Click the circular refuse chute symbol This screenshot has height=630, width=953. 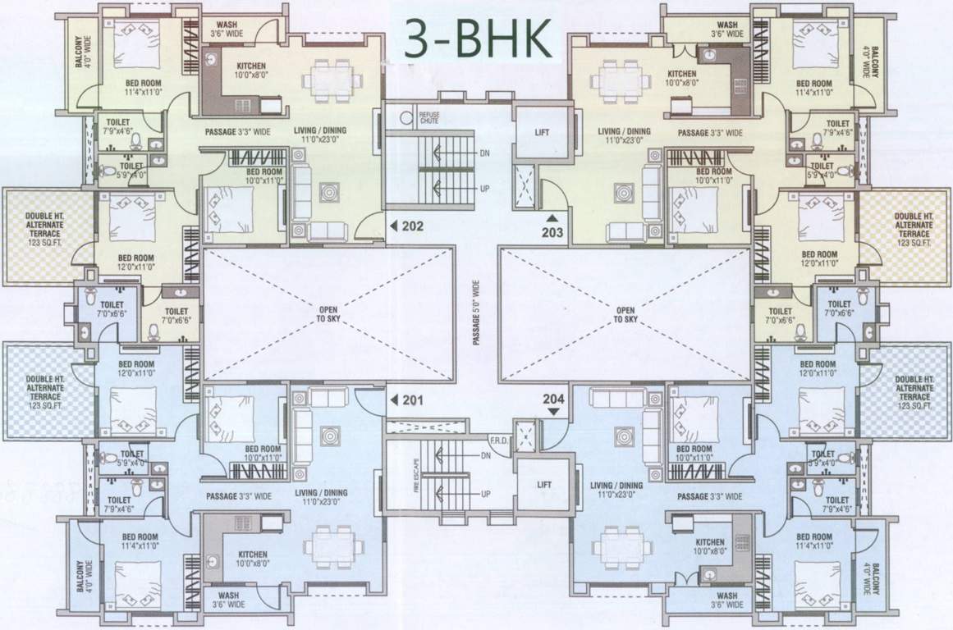(404, 118)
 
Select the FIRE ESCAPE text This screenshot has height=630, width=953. (394, 476)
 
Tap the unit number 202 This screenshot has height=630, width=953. (413, 226)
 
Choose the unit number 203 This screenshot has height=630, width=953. (552, 233)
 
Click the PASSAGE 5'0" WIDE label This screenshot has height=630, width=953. (475, 313)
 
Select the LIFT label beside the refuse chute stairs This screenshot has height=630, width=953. (541, 133)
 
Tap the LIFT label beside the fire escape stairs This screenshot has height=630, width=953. (543, 485)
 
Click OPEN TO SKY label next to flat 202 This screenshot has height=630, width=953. (328, 313)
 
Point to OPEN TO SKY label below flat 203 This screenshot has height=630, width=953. (625, 313)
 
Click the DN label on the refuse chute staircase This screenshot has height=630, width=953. (485, 153)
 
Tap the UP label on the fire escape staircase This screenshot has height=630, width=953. (485, 494)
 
